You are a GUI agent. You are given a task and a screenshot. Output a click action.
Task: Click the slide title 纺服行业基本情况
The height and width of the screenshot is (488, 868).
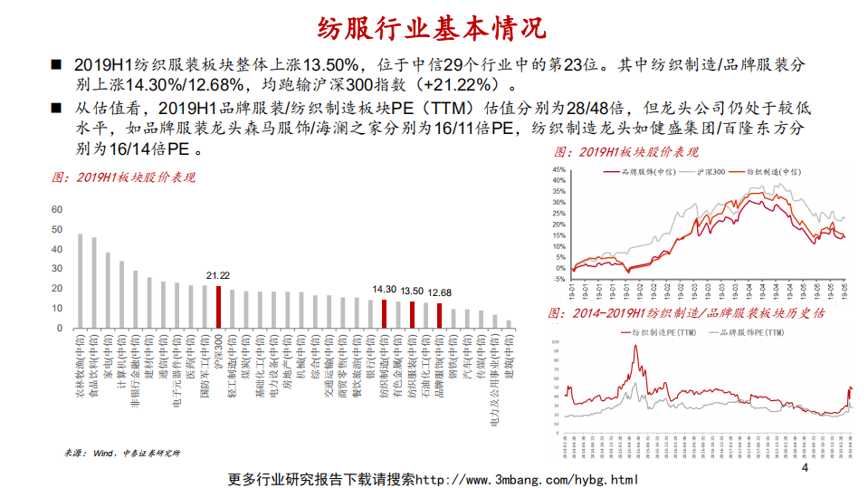pos(433,27)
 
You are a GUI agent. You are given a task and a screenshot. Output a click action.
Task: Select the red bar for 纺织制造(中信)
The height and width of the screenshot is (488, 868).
pos(385,314)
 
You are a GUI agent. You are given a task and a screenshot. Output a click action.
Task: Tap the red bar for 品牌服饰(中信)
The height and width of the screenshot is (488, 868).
pos(440,316)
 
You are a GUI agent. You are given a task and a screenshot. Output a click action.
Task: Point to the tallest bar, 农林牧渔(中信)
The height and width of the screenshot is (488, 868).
pos(80,281)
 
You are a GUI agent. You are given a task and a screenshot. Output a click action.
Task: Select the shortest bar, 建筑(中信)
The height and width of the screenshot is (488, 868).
pos(509,324)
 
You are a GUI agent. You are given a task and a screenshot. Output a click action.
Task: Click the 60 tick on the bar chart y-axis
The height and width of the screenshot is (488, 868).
pos(57,209)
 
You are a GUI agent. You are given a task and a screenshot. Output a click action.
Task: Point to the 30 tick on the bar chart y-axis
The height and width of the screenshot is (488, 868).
pos(57,269)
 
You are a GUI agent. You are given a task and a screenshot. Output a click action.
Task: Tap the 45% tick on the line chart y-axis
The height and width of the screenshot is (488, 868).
pos(558,169)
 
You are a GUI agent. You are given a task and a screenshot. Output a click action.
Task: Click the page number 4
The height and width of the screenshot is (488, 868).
pos(805,467)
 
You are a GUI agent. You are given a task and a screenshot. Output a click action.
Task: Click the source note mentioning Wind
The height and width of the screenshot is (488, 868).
pos(122,452)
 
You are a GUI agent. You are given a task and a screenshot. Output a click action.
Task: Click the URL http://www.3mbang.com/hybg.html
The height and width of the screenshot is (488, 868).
pos(526,479)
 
